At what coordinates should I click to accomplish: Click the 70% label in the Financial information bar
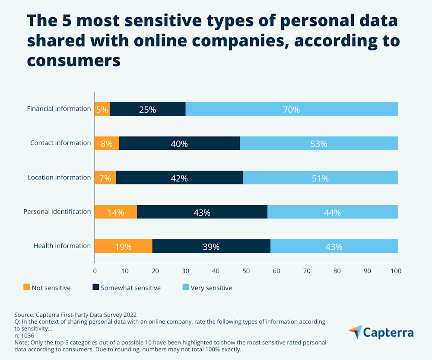291,109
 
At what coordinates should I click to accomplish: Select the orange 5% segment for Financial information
102,109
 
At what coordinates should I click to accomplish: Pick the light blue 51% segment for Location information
320,178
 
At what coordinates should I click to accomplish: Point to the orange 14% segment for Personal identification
116,212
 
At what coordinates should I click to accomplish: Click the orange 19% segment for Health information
123,247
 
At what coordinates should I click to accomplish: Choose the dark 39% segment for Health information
211,247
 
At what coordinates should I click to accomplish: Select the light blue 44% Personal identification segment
332,212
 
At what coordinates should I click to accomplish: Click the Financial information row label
59,108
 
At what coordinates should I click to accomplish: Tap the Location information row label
59,177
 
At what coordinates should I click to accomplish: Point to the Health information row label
62,245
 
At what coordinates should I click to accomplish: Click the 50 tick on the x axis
246,271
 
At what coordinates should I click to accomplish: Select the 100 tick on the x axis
396,271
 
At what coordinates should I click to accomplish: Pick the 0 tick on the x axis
95,271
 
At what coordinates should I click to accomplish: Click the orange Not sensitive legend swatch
26,287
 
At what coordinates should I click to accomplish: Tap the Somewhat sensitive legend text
130,288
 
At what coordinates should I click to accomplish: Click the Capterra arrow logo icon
355,332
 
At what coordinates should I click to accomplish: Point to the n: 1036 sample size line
24,335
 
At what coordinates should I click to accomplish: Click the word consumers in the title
73,60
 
